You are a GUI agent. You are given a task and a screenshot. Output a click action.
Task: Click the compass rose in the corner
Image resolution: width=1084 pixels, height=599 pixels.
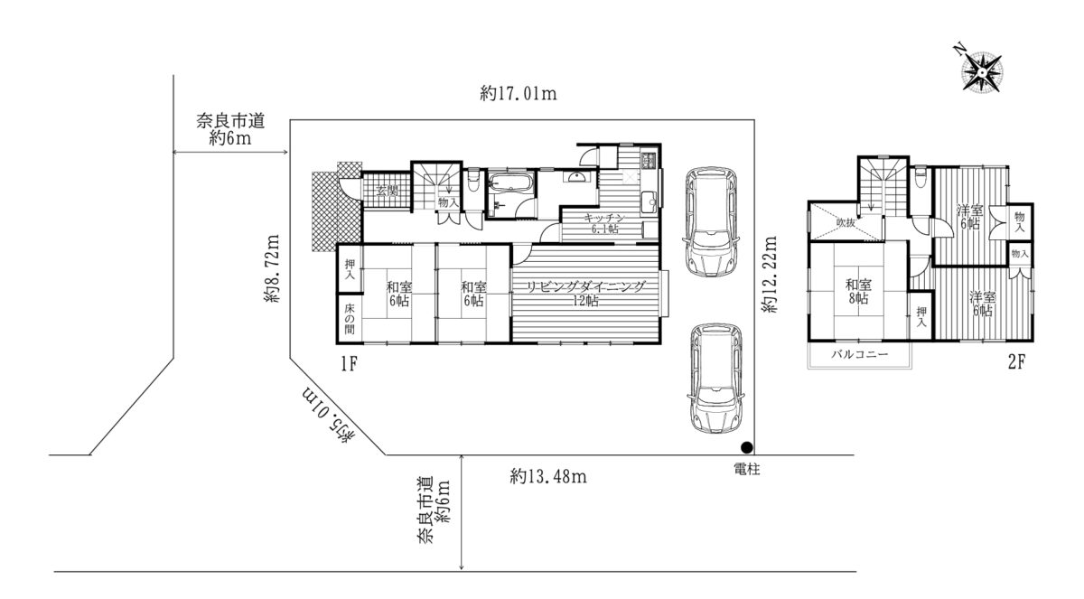tap(981, 72)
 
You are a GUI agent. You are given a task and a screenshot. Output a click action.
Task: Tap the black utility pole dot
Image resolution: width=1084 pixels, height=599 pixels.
tap(747, 447)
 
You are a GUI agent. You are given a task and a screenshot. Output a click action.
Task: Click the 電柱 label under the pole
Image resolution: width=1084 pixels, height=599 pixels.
tap(747, 469)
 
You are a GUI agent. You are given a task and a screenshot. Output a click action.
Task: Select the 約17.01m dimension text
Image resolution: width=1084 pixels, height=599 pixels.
tap(519, 93)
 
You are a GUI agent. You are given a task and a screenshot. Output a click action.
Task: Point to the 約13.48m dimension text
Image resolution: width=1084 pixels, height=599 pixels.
tap(548, 477)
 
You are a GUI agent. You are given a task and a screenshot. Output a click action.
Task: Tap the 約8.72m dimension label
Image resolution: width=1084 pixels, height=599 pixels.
tap(272, 268)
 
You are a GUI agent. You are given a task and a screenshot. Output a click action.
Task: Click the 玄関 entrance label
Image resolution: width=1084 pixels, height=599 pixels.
tap(387, 190)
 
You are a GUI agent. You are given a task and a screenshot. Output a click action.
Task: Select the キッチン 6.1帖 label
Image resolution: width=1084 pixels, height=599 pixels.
tap(604, 223)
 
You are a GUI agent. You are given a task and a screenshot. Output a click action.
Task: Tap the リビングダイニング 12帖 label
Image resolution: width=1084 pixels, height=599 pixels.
tap(586, 294)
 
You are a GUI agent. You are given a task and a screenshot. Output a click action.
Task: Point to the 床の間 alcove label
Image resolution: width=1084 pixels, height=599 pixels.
tap(350, 318)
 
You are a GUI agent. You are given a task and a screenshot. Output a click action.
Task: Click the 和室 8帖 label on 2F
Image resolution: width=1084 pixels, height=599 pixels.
tap(858, 291)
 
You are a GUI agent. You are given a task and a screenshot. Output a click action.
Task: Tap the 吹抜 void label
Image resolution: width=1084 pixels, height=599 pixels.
tap(846, 223)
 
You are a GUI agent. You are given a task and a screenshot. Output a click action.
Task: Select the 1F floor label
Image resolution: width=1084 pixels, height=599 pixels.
tap(349, 363)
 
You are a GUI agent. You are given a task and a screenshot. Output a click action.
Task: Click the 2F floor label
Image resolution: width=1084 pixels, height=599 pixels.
tap(1017, 362)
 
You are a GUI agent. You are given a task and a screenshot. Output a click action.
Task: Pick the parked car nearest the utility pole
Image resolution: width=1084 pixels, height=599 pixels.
tap(715, 379)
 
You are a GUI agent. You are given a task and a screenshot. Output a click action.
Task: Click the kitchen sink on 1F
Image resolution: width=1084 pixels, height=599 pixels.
tap(648, 201)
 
